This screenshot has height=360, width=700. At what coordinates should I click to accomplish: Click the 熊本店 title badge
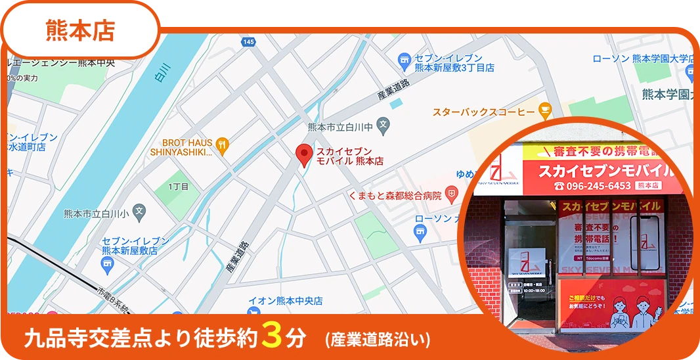[80, 30]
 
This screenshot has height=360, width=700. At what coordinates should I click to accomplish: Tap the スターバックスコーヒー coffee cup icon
[544, 110]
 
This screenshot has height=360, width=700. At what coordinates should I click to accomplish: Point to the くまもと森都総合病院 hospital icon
[451, 194]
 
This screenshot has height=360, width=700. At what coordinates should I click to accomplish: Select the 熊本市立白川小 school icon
[139, 212]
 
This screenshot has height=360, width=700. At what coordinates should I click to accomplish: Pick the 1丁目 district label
[178, 187]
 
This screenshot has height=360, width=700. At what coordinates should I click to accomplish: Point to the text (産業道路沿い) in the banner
[378, 340]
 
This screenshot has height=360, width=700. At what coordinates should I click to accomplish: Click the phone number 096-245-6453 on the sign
[593, 186]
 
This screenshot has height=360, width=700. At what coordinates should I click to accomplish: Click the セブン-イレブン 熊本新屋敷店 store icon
[108, 264]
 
